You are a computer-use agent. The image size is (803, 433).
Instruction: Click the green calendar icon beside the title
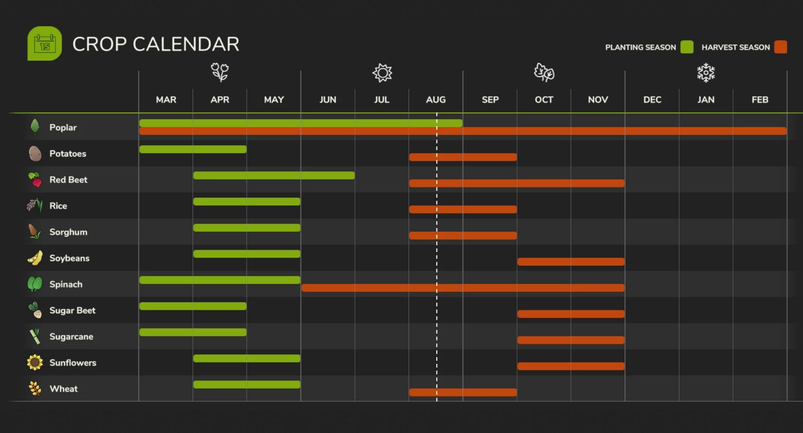click(x=45, y=44)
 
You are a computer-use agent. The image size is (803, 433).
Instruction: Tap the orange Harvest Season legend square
click(x=780, y=47)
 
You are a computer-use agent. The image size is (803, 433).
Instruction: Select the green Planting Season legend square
click(x=687, y=47)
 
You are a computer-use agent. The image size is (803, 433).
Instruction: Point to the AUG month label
click(x=436, y=100)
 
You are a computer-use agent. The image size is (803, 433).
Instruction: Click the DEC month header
click(x=652, y=100)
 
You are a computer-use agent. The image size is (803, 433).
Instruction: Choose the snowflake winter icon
click(x=706, y=72)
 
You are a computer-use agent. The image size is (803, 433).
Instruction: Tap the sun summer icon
click(x=382, y=72)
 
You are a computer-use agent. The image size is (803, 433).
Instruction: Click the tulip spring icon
click(x=220, y=72)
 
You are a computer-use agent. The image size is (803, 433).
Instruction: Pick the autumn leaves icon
click(x=544, y=72)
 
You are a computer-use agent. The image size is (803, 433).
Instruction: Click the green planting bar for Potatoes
click(x=193, y=149)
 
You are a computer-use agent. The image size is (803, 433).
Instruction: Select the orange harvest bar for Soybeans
click(x=571, y=262)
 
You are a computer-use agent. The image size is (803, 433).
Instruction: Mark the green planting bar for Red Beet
click(x=274, y=175)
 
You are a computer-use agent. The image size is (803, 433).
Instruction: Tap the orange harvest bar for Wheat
click(x=463, y=392)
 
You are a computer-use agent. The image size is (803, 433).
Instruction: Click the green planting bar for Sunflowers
click(x=247, y=358)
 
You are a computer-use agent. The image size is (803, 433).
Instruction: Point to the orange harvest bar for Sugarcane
click(x=571, y=340)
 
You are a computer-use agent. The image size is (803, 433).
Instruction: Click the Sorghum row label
click(x=68, y=232)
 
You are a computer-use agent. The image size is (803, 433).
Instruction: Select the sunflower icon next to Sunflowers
click(x=35, y=363)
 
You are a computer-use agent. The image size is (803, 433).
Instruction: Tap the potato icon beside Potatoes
click(x=35, y=153)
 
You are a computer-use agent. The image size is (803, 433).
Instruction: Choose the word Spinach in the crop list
click(x=66, y=284)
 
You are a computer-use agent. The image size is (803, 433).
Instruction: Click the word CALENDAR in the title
click(x=186, y=44)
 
